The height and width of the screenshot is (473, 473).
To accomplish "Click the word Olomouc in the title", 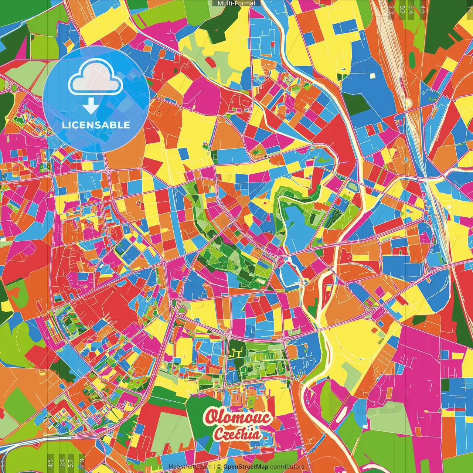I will [x=238, y=417].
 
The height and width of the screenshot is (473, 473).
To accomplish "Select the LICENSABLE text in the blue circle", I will [x=96, y=125].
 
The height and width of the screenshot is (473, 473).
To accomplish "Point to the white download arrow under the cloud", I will [x=90, y=106].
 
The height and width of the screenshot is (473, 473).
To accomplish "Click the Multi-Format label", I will [x=236, y=3].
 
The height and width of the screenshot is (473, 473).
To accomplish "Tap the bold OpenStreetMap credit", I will [x=246, y=467].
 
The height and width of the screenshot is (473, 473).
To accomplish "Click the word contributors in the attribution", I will [x=287, y=467].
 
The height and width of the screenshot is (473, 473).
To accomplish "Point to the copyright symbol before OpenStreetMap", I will [x=219, y=467].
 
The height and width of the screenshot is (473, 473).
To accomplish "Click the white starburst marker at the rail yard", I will [x=408, y=102].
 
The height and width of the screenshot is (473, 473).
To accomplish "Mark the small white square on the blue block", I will [x=372, y=76].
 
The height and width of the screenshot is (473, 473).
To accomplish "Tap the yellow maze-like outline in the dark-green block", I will [x=235, y=352].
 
